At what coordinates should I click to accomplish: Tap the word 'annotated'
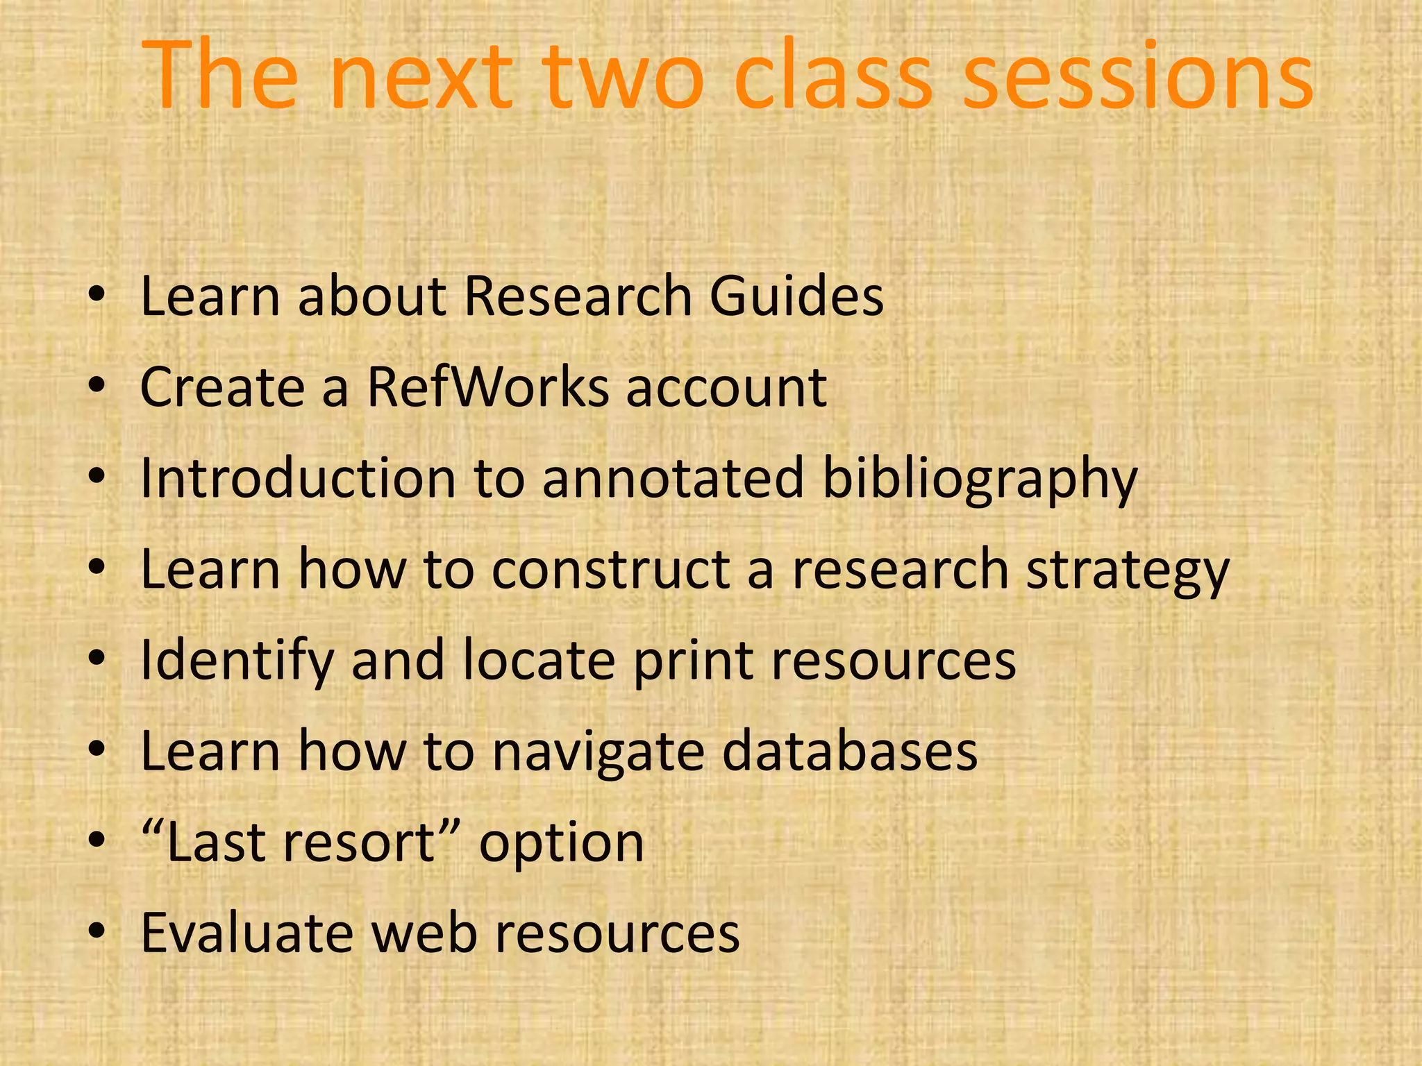(x=672, y=479)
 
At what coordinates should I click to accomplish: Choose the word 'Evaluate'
(x=246, y=933)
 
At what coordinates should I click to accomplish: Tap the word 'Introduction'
(x=298, y=479)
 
